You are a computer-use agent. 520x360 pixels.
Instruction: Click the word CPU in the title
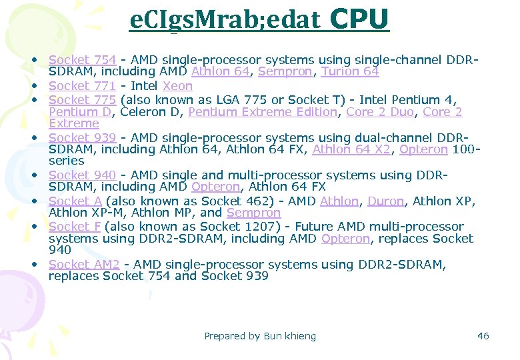click(359, 20)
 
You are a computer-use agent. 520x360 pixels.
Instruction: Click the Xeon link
click(177, 86)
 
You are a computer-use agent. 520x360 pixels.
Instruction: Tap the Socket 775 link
click(82, 100)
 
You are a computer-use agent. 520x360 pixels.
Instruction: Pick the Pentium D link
click(75, 112)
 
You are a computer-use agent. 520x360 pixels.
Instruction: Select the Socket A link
click(75, 201)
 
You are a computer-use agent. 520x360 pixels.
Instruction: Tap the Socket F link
click(75, 227)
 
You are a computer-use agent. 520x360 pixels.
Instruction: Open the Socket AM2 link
click(84, 265)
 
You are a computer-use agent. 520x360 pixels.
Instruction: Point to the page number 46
click(483, 336)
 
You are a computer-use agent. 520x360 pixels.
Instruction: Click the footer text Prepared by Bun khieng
click(260, 336)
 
